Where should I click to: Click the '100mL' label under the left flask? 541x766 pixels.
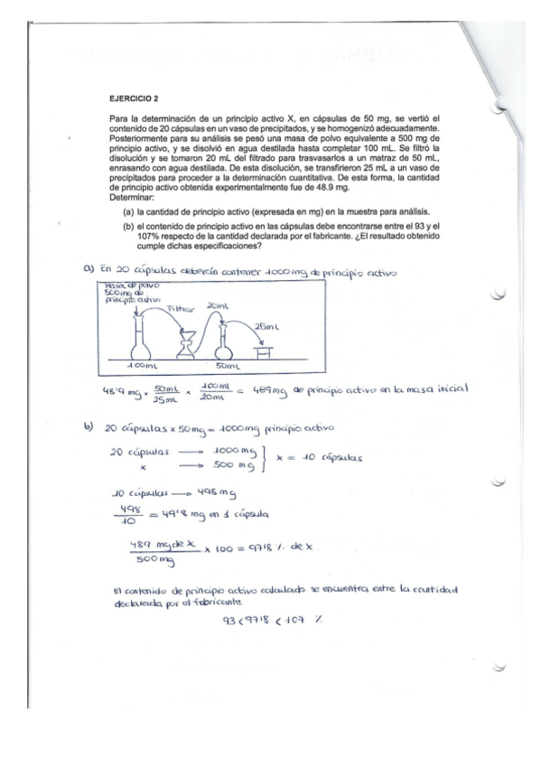click(x=142, y=367)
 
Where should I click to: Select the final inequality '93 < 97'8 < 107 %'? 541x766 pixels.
click(x=268, y=623)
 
